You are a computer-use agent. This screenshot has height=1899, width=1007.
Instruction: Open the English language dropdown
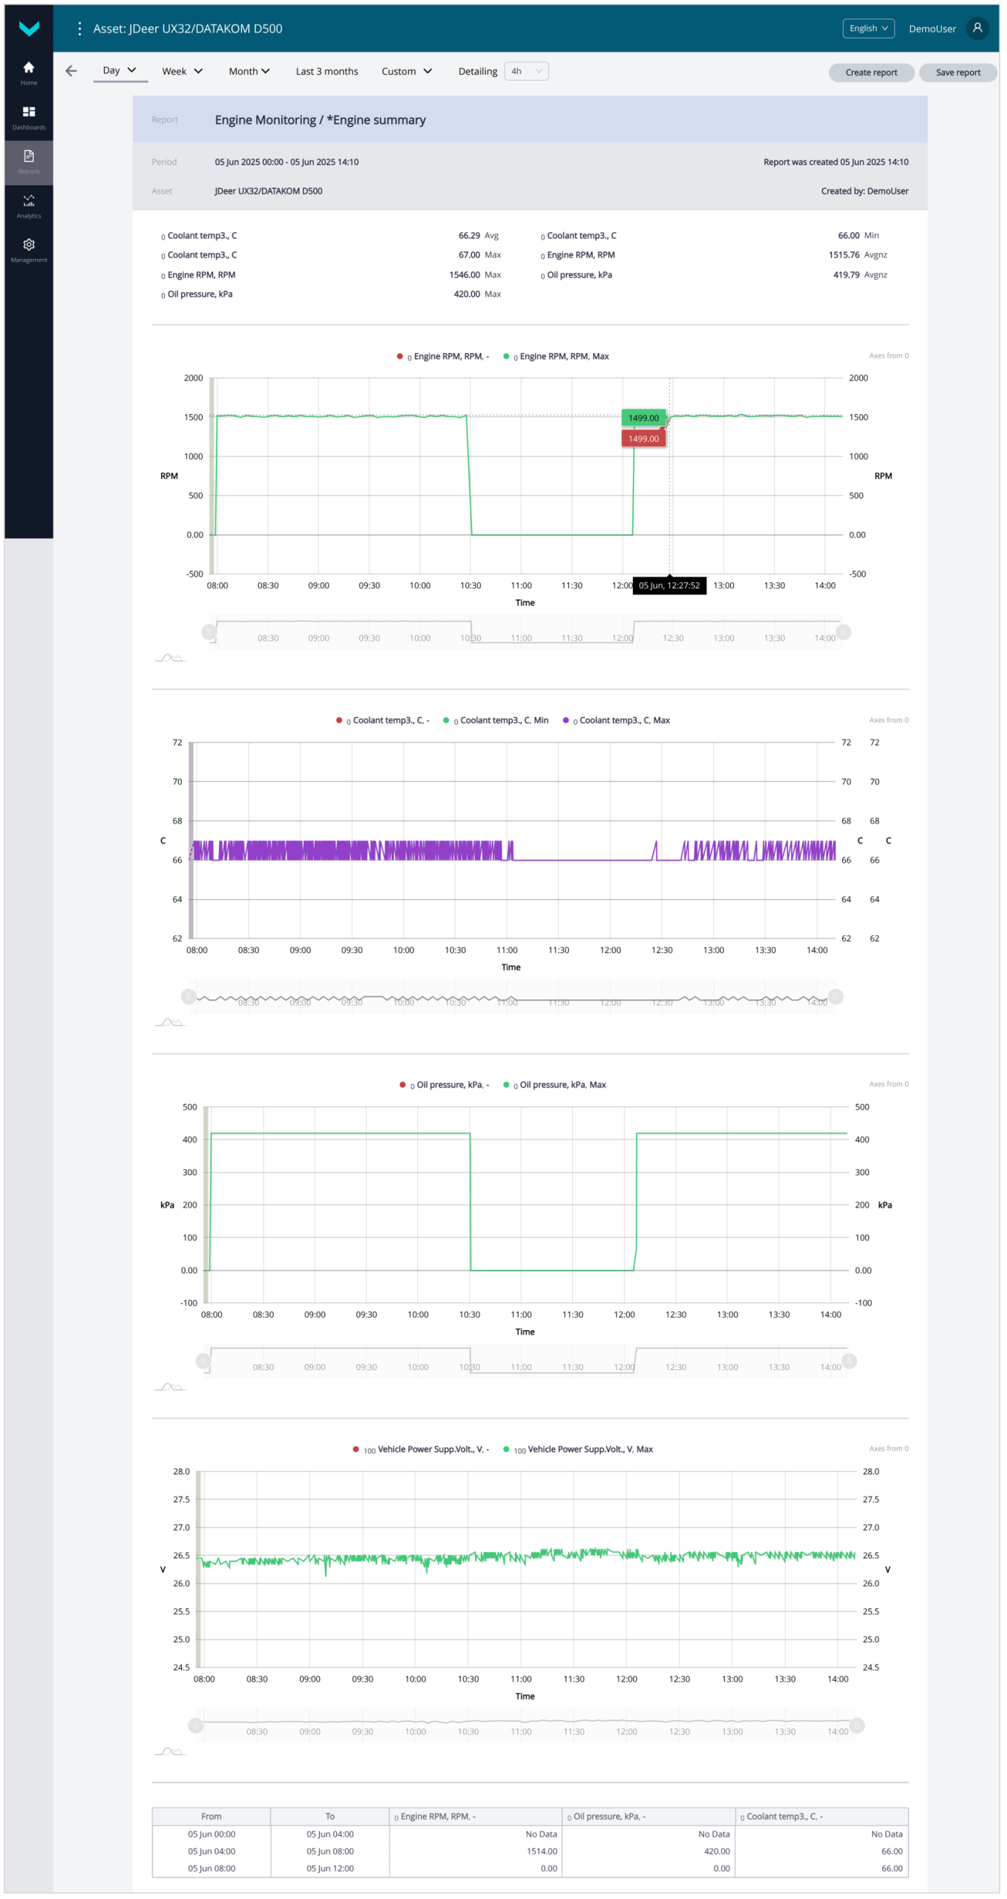(867, 28)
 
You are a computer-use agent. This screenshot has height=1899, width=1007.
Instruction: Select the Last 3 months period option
(327, 72)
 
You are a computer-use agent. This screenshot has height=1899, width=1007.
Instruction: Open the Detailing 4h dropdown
(525, 72)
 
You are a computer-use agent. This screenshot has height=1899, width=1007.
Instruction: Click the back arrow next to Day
(71, 71)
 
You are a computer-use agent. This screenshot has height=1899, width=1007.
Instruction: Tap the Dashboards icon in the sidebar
(29, 117)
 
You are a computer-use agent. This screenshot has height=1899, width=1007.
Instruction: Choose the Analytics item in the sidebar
(29, 205)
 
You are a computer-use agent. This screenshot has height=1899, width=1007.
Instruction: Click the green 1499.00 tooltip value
(643, 418)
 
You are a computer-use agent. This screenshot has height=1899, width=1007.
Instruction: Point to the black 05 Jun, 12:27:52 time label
(669, 586)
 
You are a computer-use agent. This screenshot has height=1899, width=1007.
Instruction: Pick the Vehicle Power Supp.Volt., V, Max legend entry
(589, 1450)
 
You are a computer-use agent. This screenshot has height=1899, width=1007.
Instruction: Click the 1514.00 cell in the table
(542, 1852)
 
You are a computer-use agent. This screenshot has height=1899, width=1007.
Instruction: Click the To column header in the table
(329, 1817)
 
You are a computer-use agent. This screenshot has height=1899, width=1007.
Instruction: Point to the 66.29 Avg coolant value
(469, 236)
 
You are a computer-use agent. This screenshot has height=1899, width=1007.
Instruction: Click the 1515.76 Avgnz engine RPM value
(844, 255)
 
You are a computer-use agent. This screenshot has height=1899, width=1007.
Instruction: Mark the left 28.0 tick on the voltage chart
(182, 1472)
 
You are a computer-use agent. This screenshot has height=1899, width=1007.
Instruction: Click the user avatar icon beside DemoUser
(977, 28)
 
